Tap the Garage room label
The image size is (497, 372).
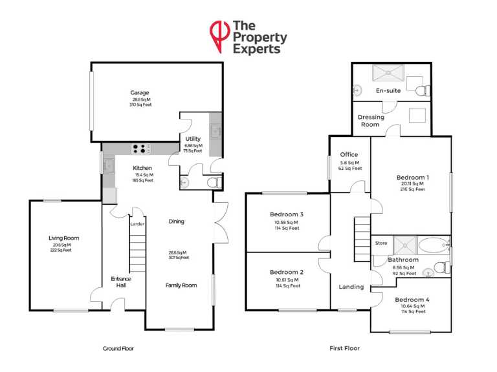pyautogui.click(x=140, y=93)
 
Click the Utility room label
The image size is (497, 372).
pyautogui.click(x=193, y=139)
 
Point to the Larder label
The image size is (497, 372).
pyautogui.click(x=137, y=224)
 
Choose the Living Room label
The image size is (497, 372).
pyautogui.click(x=63, y=238)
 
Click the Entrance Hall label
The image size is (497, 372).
pyautogui.click(x=121, y=283)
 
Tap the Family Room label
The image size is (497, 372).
pyautogui.click(x=181, y=285)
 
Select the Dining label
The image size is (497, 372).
pyautogui.click(x=176, y=222)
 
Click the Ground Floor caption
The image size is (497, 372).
pyautogui.click(x=118, y=348)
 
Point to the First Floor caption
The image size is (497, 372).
pyautogui.click(x=344, y=348)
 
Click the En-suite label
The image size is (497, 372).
pyautogui.click(x=388, y=90)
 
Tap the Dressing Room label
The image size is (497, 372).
pyautogui.click(x=370, y=121)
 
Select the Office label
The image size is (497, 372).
pyautogui.click(x=349, y=155)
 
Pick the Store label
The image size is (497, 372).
pyautogui.click(x=381, y=243)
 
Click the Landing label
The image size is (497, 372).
pyautogui.click(x=351, y=287)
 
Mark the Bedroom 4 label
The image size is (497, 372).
pyautogui.click(x=412, y=300)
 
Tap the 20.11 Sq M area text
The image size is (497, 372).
pyautogui.click(x=412, y=183)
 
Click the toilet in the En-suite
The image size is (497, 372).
pyautogui.click(x=421, y=90)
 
